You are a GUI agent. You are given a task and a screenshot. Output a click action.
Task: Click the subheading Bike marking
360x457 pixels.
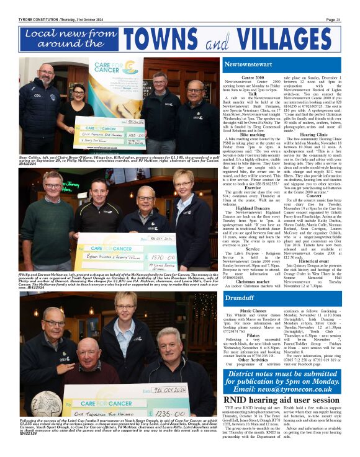click(x=252, y=134)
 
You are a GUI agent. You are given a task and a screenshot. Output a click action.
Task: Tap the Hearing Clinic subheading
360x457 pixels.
click(x=313, y=134)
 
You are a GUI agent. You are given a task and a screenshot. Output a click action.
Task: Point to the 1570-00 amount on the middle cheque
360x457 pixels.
click(x=162, y=255)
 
